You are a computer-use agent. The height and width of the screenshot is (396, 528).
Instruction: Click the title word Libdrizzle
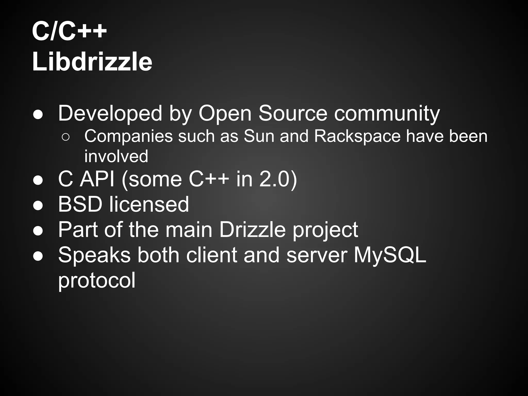pyautogui.click(x=92, y=62)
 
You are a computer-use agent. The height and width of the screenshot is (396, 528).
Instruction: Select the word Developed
pyautogui.click(x=110, y=113)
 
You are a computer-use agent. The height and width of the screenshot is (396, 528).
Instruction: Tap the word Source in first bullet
pyautogui.click(x=293, y=113)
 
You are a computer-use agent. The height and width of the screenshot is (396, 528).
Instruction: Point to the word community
pyautogui.click(x=387, y=113)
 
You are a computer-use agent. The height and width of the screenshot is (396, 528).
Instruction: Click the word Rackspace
pyautogui.click(x=357, y=136)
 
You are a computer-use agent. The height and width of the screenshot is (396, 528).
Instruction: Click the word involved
pyautogui.click(x=116, y=156)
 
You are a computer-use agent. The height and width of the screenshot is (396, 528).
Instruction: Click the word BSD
pyautogui.click(x=80, y=204)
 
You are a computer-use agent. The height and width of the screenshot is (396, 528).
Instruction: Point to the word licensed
pyautogui.click(x=149, y=204)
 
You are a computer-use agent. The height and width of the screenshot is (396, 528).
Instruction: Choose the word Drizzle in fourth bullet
pyautogui.click(x=252, y=229)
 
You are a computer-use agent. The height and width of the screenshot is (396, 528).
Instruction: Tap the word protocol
pyautogui.click(x=97, y=280)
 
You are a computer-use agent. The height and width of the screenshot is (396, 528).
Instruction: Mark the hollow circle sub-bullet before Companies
pyautogui.click(x=65, y=137)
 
